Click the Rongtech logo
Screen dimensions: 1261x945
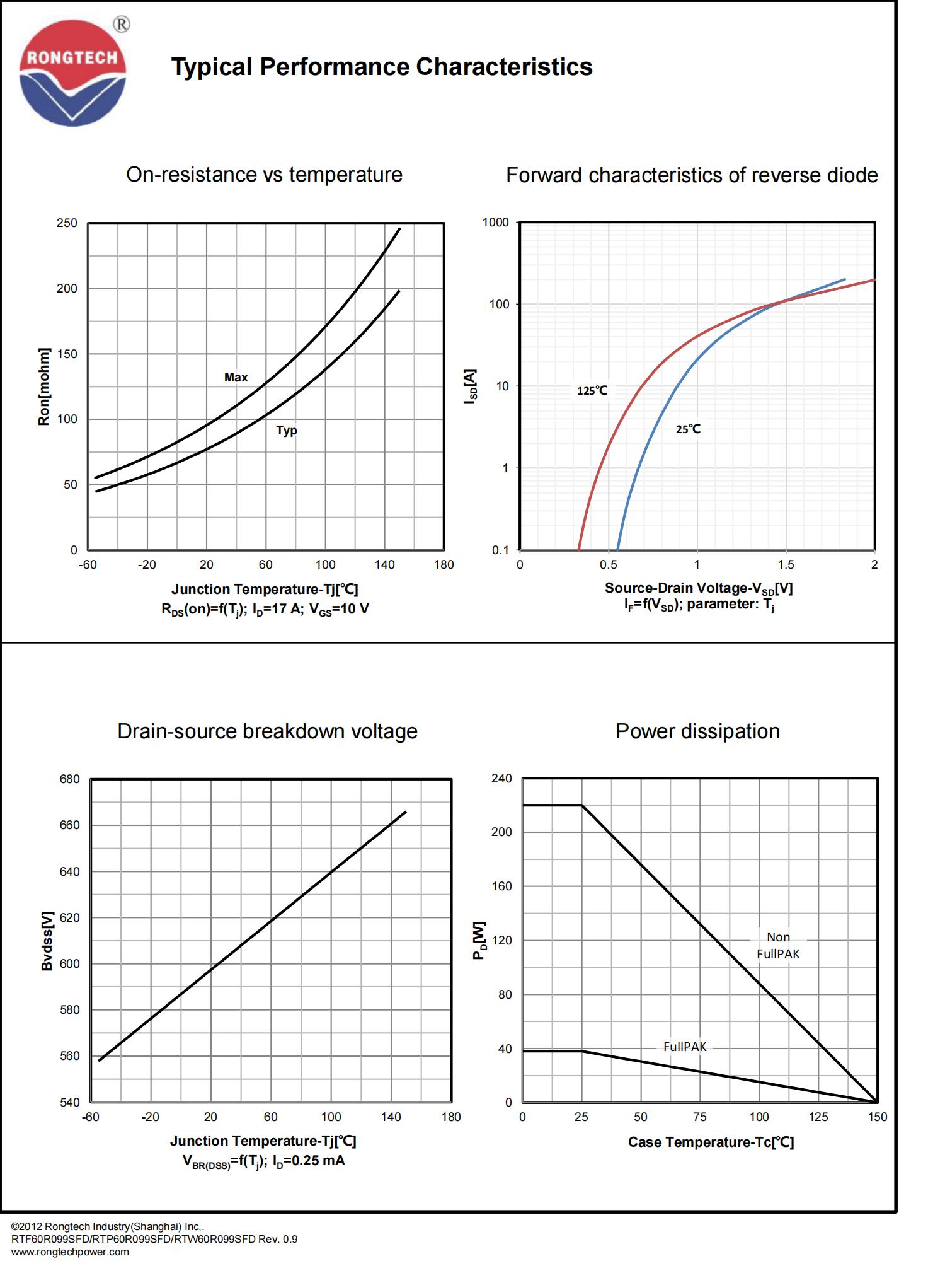(73, 73)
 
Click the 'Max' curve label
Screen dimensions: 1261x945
(236, 377)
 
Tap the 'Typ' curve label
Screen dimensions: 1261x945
(286, 430)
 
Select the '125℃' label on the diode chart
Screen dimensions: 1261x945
(592, 391)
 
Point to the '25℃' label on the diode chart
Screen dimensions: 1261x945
(688, 429)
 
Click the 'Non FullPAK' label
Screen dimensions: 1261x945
(778, 946)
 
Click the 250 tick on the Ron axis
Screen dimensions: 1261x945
(67, 223)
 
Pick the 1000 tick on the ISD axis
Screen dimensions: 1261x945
(495, 223)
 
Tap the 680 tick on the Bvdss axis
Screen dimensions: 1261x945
(69, 779)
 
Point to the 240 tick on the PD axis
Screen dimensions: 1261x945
(501, 779)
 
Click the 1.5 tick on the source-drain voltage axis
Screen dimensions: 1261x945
(786, 565)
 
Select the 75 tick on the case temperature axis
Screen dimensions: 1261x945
(700, 1117)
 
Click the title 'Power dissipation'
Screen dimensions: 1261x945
(697, 731)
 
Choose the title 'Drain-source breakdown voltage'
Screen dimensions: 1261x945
(267, 731)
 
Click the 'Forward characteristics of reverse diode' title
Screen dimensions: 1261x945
(692, 175)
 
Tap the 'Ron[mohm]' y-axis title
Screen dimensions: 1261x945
(44, 386)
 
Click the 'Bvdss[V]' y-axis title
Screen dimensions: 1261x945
(47, 941)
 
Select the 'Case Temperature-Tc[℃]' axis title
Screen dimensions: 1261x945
(711, 1142)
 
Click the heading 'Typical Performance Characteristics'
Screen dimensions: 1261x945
(382, 67)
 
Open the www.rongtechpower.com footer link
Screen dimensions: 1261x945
(70, 1252)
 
